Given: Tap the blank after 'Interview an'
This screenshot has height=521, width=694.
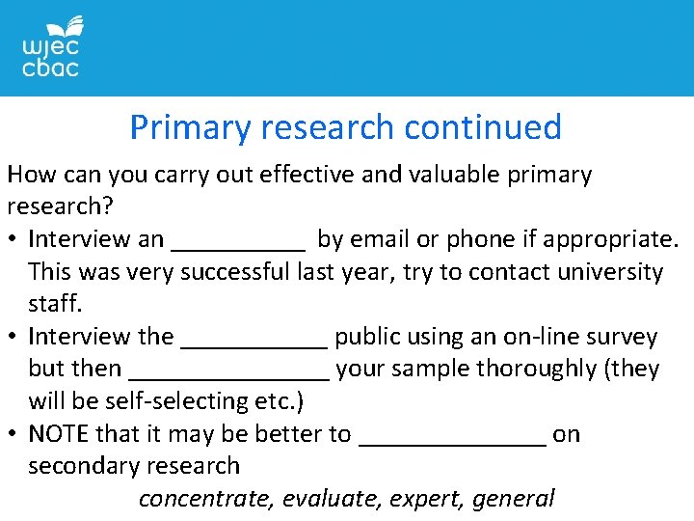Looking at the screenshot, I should click(237, 242).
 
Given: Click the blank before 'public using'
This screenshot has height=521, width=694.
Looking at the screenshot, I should click(254, 341).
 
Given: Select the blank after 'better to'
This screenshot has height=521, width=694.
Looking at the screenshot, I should click(452, 438).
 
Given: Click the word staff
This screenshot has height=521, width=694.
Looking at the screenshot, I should click(55, 304).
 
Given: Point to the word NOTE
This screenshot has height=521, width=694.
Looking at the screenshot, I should click(58, 434).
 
